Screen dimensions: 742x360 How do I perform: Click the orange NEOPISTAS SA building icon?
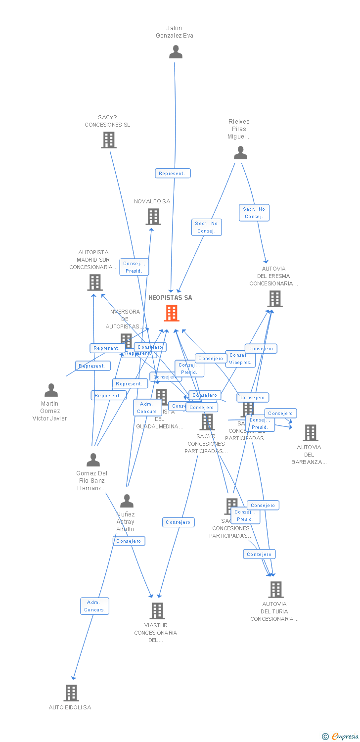(x=172, y=313)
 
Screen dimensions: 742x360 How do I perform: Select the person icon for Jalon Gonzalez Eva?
(x=176, y=52)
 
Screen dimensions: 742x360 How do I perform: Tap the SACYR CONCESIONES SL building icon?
(x=109, y=140)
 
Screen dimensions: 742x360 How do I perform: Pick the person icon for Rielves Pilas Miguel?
(x=240, y=153)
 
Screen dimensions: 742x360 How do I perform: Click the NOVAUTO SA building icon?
(x=153, y=217)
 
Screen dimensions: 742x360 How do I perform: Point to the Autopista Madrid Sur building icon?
(x=94, y=282)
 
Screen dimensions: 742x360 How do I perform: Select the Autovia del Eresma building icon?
(x=275, y=299)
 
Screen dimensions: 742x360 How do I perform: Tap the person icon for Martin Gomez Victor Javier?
(x=51, y=390)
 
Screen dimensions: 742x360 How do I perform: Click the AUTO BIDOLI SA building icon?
(x=71, y=693)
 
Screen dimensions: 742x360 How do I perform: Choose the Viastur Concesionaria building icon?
(x=157, y=610)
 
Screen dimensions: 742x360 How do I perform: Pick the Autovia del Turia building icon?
(x=276, y=589)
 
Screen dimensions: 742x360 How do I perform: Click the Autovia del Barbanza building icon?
(x=310, y=433)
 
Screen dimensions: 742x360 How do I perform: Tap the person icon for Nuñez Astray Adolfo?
(x=127, y=501)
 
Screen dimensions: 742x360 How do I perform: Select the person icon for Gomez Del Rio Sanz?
(x=93, y=460)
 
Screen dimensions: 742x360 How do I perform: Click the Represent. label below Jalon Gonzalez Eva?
(x=173, y=173)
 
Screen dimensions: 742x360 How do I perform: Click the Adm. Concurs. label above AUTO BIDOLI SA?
(x=94, y=606)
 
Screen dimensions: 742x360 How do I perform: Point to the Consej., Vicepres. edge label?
(x=240, y=359)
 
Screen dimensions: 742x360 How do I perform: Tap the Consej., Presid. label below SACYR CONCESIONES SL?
(x=134, y=267)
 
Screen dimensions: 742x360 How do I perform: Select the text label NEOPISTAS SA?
(x=170, y=298)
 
